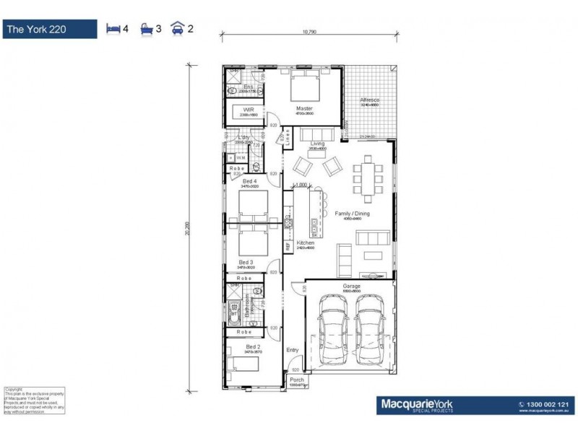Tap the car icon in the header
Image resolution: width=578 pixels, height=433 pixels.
point(176,29)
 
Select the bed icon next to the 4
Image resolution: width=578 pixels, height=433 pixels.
point(113,29)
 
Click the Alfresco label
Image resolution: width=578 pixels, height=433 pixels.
point(370,100)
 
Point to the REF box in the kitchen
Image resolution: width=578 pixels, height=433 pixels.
point(287,246)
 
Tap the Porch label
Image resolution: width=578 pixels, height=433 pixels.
point(297,380)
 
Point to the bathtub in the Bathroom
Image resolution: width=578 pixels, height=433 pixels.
point(233,315)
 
